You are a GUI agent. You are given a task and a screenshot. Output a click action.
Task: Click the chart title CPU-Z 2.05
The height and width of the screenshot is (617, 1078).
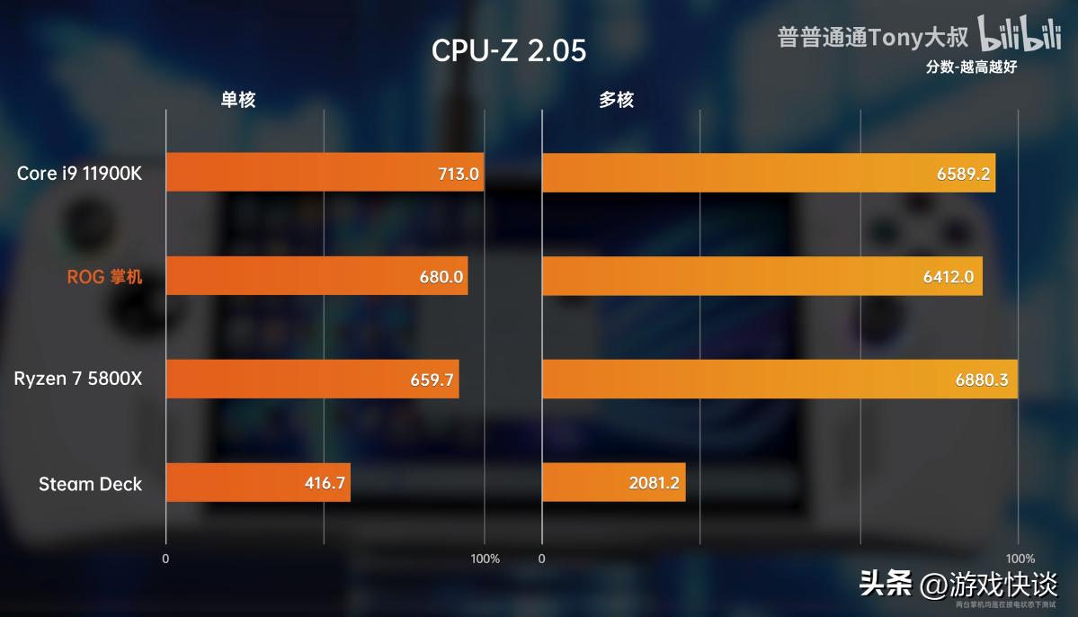(x=509, y=50)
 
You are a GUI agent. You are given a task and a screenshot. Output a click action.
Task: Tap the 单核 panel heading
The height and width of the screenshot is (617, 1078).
(x=238, y=100)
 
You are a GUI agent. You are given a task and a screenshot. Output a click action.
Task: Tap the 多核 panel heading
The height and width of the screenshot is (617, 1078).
(x=616, y=100)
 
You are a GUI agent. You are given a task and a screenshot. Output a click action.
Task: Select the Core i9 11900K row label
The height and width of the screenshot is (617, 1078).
(x=79, y=173)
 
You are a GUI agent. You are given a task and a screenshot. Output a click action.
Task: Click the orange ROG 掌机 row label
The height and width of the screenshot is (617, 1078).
(x=104, y=277)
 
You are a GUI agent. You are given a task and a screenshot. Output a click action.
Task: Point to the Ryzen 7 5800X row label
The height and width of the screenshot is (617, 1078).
(x=78, y=379)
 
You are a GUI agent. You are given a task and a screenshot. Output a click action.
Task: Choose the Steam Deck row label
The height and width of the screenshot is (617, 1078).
(x=90, y=484)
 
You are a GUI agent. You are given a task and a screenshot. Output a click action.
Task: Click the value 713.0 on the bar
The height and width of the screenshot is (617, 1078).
(x=458, y=174)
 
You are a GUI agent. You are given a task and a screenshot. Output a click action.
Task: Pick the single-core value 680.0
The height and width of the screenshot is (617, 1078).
(x=441, y=277)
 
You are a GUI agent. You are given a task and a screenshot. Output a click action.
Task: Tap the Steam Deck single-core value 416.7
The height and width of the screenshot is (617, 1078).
(x=325, y=484)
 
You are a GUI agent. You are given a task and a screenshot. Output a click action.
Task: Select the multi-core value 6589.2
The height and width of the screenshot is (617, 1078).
(x=963, y=174)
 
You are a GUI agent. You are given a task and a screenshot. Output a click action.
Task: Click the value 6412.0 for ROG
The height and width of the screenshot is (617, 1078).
(x=948, y=277)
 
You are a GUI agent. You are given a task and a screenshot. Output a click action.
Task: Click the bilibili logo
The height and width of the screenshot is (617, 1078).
(x=1020, y=36)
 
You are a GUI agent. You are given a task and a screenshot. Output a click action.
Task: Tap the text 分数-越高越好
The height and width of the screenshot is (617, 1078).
(x=971, y=67)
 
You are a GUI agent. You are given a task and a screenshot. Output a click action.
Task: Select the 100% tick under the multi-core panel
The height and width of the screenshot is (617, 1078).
(x=1019, y=559)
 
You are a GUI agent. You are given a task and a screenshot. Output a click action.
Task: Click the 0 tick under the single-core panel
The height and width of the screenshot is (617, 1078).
(x=165, y=559)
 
